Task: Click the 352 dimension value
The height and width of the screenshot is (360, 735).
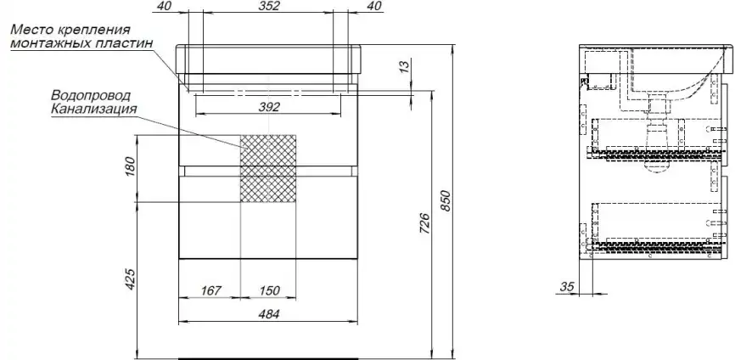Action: click(269, 6)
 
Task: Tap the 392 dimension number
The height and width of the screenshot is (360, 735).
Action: click(269, 107)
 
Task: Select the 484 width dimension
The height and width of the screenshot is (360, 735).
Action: click(269, 314)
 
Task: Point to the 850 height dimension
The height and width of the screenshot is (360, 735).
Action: click(446, 200)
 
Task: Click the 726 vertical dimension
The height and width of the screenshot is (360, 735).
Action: click(424, 223)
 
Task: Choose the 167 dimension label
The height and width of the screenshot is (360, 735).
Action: click(210, 290)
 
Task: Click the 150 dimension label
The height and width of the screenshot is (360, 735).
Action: click(269, 290)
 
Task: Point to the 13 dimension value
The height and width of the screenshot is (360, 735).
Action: click(405, 65)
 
